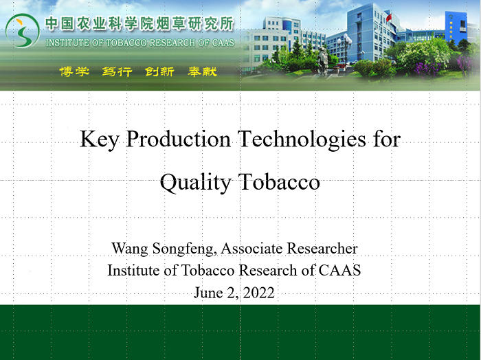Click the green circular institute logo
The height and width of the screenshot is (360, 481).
point(22,31)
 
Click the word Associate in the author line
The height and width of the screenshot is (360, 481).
point(251,248)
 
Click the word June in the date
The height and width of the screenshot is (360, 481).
point(208,293)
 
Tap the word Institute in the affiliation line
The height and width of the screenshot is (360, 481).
point(135,270)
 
